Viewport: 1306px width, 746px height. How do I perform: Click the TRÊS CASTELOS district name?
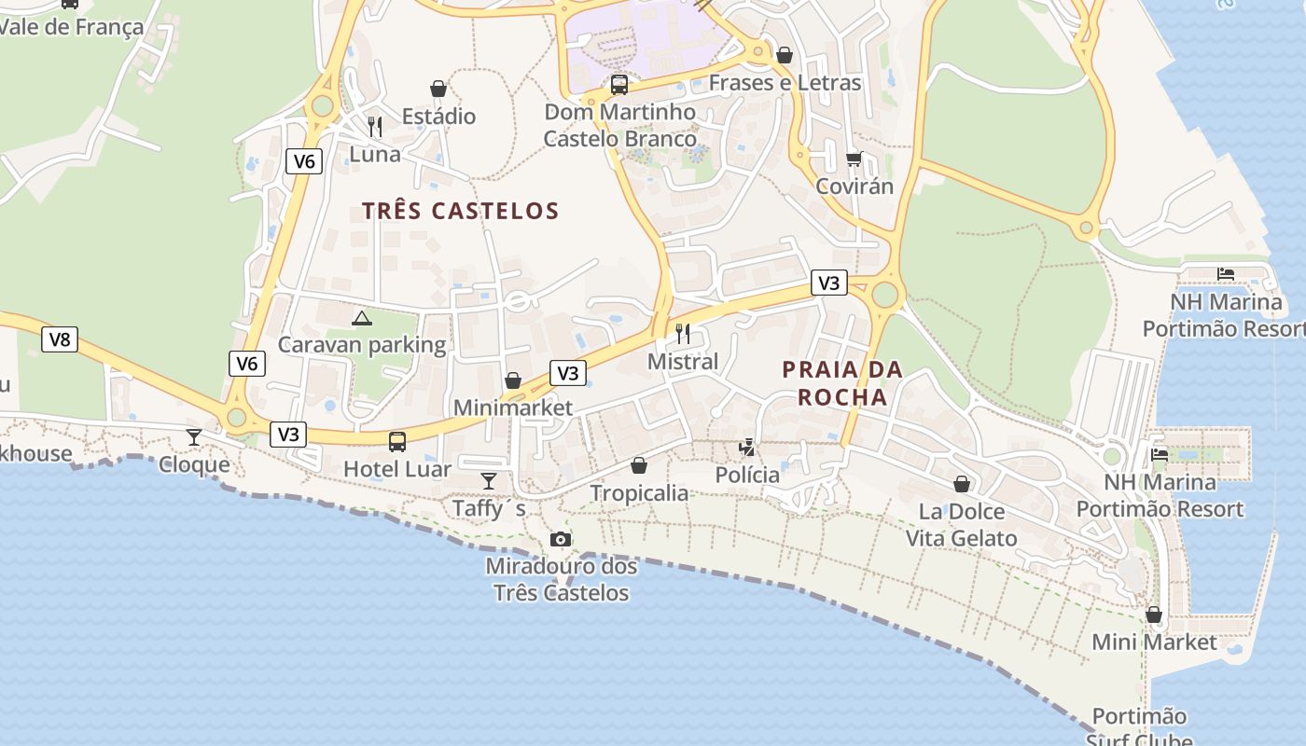tap(461, 211)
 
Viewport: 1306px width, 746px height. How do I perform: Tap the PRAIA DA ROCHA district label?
tap(842, 383)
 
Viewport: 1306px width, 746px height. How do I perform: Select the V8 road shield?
tap(59, 339)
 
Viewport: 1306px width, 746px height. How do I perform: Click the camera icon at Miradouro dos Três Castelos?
tap(560, 539)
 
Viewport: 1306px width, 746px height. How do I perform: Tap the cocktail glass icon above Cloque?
tap(194, 436)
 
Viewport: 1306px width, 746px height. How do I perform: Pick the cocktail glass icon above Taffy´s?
tap(489, 480)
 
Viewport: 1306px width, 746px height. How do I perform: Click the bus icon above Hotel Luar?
tap(397, 442)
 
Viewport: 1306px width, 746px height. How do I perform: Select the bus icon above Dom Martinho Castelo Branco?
tap(619, 85)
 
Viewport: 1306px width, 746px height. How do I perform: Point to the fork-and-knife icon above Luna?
tap(375, 126)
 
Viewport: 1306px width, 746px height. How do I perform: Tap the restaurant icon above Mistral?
tap(683, 334)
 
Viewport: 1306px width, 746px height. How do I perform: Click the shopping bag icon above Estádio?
tap(438, 89)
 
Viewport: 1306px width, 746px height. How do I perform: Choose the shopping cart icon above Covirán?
tap(854, 159)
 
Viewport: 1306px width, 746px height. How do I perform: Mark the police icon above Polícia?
tap(746, 448)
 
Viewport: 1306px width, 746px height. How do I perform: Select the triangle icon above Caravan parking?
tap(362, 318)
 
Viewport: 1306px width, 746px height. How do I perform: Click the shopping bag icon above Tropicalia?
tap(639, 464)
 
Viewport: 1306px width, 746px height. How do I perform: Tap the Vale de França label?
tap(72, 26)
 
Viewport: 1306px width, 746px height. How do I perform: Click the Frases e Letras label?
tap(785, 83)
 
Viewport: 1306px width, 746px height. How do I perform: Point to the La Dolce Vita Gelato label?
tap(961, 524)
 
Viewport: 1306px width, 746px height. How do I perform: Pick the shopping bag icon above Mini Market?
tap(1154, 615)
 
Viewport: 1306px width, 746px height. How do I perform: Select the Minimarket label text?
tap(513, 408)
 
